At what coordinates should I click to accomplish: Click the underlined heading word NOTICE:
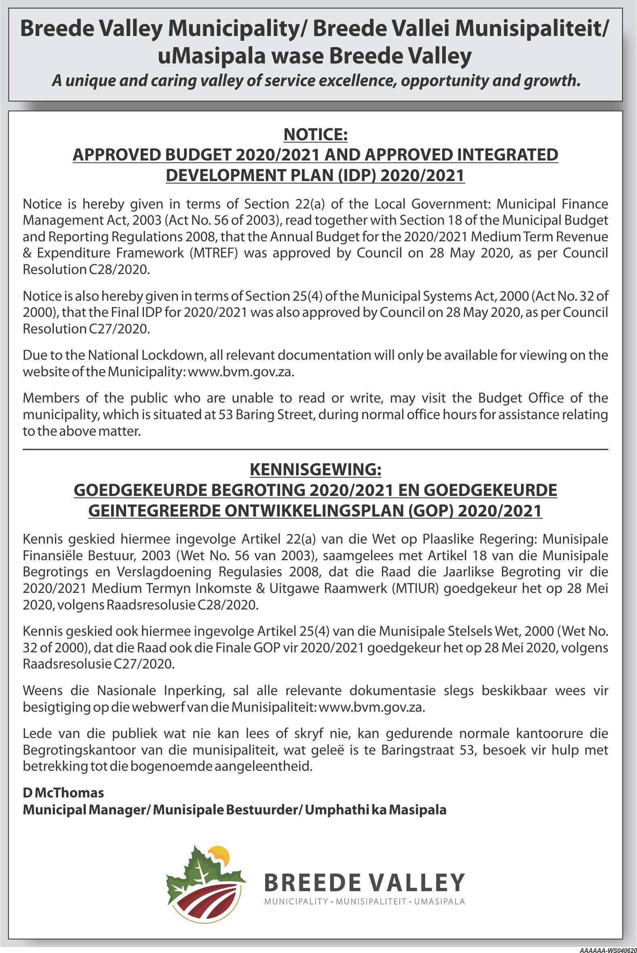point(315,135)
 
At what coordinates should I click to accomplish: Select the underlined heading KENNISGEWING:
point(315,470)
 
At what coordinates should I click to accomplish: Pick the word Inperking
point(194,690)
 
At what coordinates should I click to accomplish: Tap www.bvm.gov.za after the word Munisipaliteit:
point(372,707)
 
